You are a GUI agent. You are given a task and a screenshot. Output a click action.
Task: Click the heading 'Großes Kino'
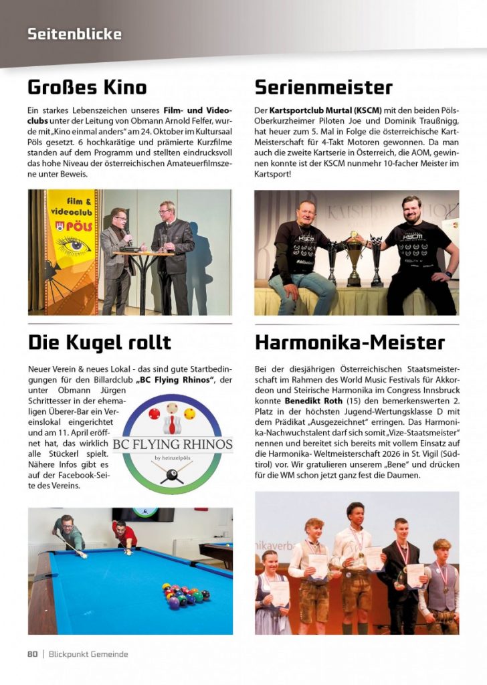(87, 88)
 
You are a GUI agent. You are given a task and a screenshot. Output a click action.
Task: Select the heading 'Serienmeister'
(324, 88)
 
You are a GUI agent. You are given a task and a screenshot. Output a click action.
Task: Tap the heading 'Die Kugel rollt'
(100, 343)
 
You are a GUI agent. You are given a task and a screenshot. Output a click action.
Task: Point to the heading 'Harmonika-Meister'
(350, 343)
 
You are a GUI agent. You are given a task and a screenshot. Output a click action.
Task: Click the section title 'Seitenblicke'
(74, 33)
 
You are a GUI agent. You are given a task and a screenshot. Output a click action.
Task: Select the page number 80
(32, 654)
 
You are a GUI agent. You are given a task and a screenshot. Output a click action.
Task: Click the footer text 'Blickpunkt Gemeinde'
(88, 654)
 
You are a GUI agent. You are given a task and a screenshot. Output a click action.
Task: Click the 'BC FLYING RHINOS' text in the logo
(173, 444)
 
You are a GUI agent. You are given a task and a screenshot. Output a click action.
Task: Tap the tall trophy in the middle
(354, 257)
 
